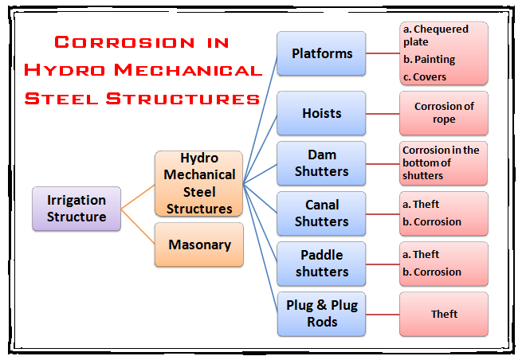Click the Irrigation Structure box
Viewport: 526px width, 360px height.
click(x=77, y=209)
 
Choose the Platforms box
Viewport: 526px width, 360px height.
click(x=321, y=54)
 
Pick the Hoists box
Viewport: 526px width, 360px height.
click(x=321, y=113)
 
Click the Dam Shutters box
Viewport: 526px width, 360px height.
click(x=321, y=163)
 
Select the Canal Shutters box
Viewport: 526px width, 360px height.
click(x=321, y=213)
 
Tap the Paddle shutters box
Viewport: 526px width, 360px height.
click(x=321, y=264)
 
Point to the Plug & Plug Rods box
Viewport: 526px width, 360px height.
click(x=321, y=314)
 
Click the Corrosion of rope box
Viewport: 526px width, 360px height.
click(x=444, y=113)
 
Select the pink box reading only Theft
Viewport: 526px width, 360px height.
click(x=444, y=314)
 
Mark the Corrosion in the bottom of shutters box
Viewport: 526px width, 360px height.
click(x=444, y=163)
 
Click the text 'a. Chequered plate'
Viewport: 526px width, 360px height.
click(x=435, y=35)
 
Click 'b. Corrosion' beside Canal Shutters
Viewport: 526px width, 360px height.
click(x=432, y=221)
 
